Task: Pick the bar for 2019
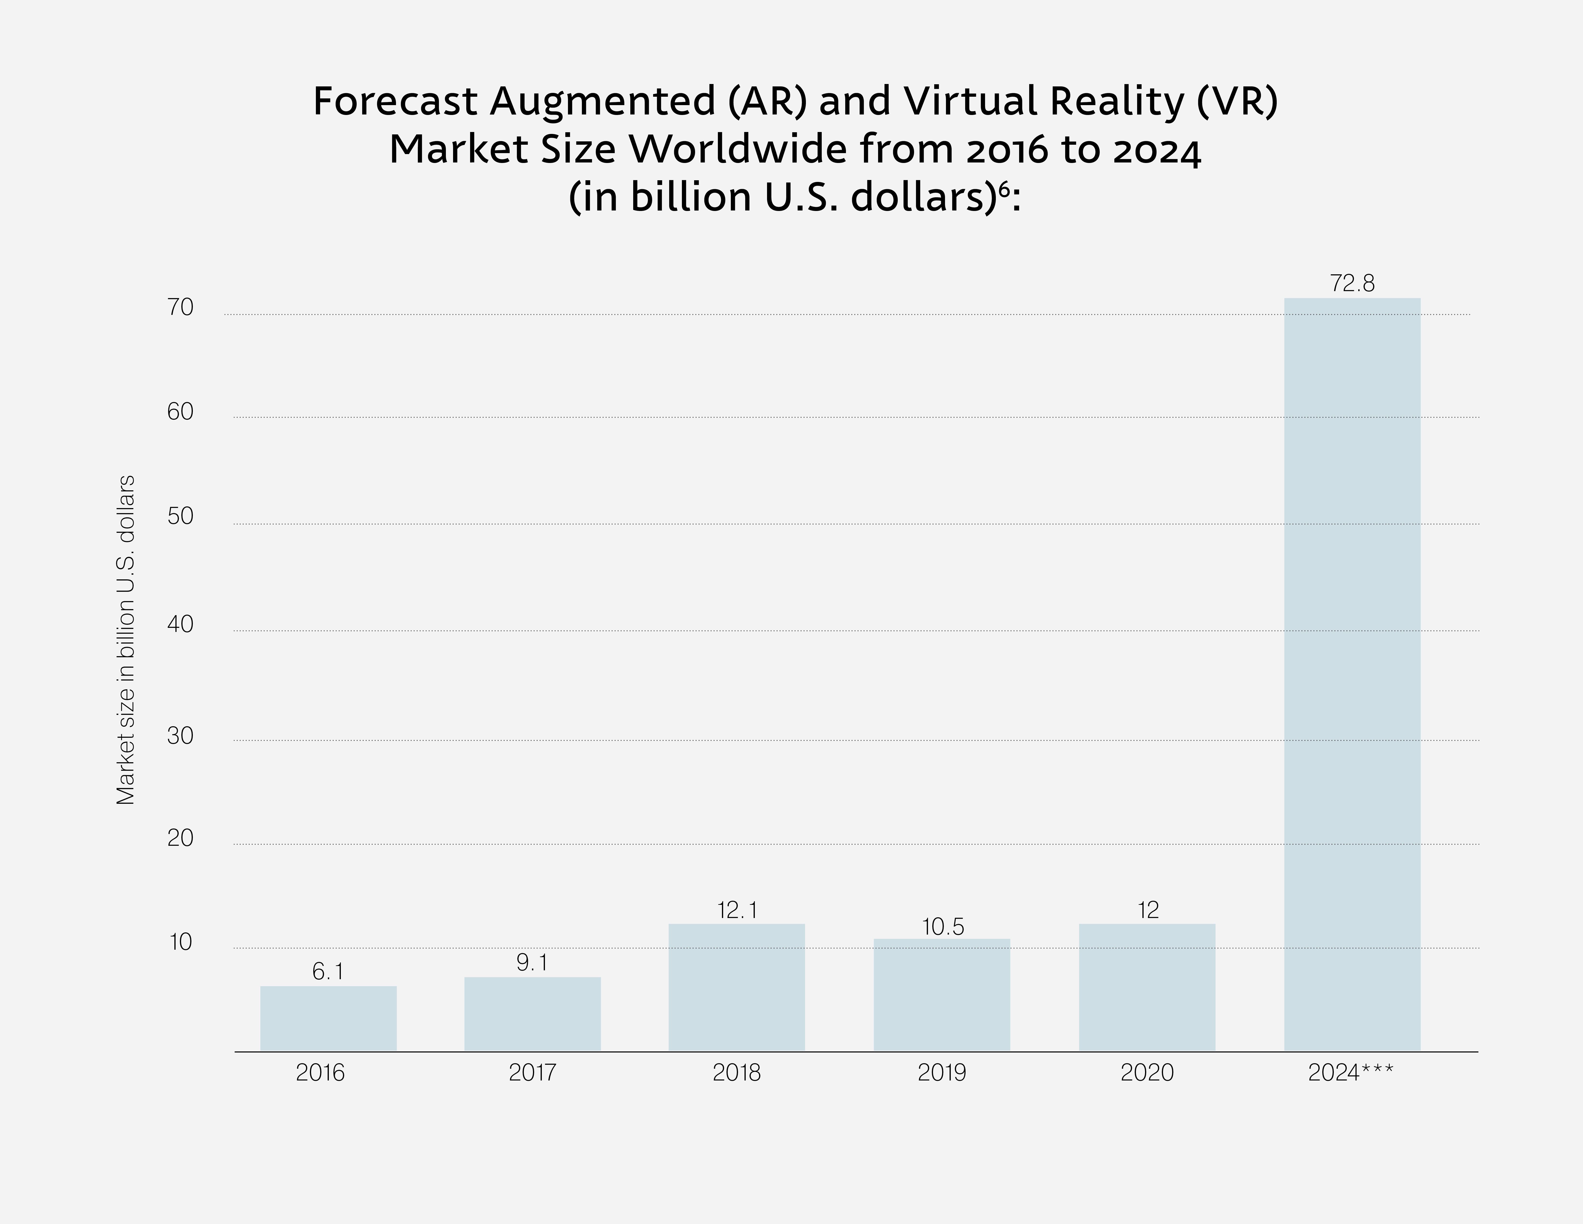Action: pyautogui.click(x=942, y=995)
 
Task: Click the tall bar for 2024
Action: pyautogui.click(x=1352, y=674)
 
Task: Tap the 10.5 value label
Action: pyautogui.click(x=942, y=927)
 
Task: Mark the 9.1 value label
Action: pyautogui.click(x=532, y=962)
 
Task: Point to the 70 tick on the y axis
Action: pyautogui.click(x=180, y=307)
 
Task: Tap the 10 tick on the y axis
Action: pyautogui.click(x=180, y=942)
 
